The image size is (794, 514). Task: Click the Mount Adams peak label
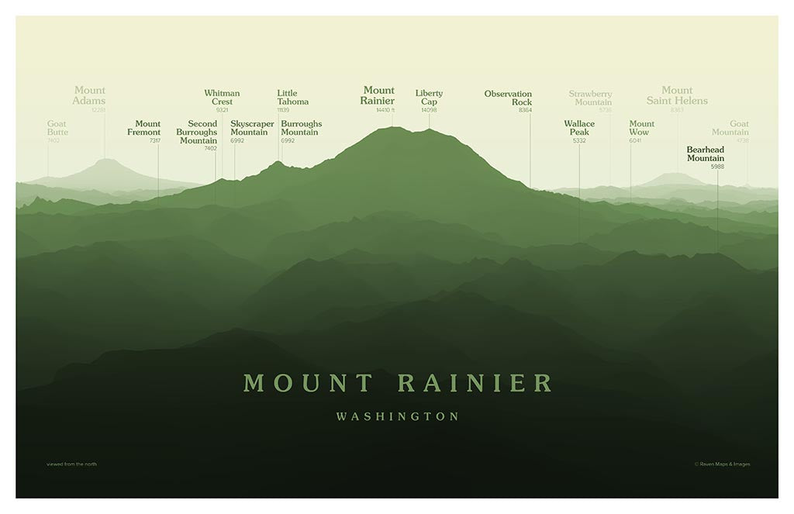89,95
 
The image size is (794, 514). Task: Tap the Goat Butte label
57,128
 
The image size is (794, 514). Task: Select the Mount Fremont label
144,128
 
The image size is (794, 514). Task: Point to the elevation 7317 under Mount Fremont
155,141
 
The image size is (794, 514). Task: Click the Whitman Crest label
222,98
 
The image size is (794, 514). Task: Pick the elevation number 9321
222,110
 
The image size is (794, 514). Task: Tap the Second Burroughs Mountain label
198,132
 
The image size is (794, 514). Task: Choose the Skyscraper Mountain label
252,128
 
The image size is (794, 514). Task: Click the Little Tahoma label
292,98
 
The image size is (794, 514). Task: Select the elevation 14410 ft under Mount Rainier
385,110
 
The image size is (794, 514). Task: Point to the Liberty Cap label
429,98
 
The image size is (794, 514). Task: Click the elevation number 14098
429,110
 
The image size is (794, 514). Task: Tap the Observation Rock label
509,98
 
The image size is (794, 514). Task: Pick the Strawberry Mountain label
591,98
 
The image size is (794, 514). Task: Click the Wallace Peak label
579,128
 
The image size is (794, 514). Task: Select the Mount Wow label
641,128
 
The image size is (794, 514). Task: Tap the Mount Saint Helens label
677,95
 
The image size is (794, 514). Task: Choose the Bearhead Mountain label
706,154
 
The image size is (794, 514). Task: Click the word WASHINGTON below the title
398,417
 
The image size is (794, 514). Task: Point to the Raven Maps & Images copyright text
722,464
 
